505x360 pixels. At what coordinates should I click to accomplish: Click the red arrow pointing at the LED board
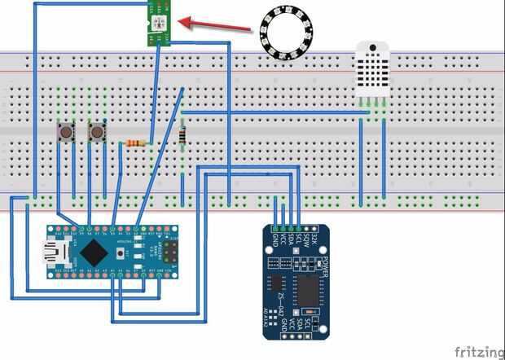tap(217, 25)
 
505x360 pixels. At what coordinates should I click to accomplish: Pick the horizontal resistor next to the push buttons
tap(137, 143)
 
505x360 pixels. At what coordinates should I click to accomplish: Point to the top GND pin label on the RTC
tap(274, 239)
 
